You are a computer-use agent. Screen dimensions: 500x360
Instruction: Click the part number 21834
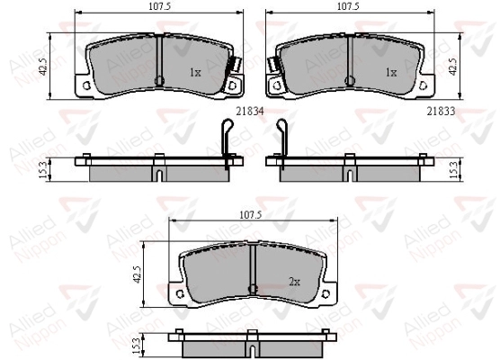[250, 111]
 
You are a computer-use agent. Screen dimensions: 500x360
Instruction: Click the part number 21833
[441, 111]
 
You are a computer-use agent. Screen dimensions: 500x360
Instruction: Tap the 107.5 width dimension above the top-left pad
[160, 6]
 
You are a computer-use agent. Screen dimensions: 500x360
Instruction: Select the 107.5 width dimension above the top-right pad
[348, 6]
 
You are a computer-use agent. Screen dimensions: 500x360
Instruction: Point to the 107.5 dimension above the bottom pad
[250, 215]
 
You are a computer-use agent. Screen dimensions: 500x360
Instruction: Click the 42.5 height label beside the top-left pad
[44, 67]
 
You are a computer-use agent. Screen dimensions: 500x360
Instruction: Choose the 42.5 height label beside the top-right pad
[453, 67]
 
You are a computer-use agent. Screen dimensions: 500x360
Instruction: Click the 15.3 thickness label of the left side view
[44, 170]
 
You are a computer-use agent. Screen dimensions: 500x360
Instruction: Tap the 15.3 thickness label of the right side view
[454, 170]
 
